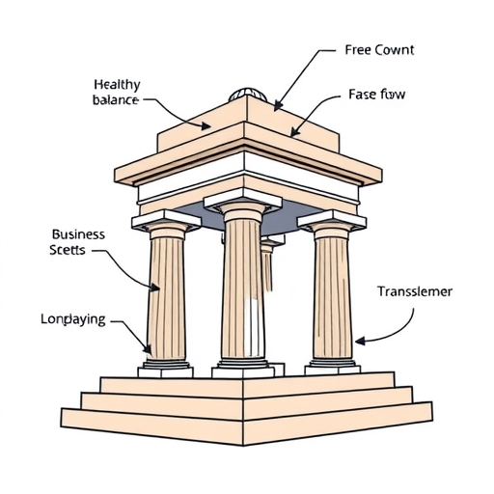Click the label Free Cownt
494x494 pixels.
(x=378, y=50)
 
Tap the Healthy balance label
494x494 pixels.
(x=117, y=92)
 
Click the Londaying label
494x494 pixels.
(x=73, y=318)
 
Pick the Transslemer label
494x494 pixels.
(x=415, y=290)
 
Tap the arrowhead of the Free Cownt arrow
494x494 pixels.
(x=276, y=106)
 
